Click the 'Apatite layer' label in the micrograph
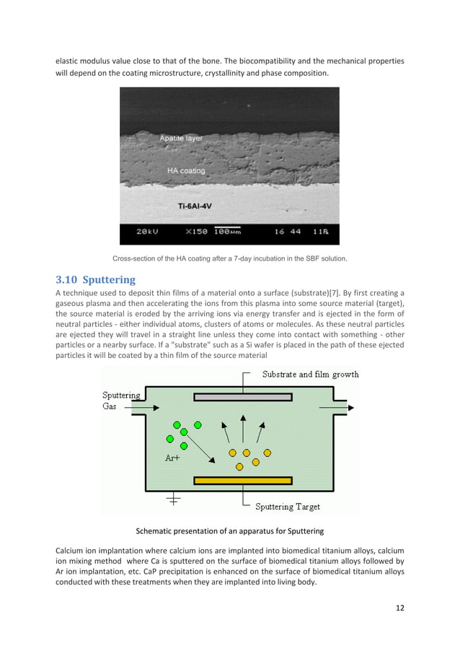click(181, 138)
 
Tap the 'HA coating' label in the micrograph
click(186, 171)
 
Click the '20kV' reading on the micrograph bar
click(149, 232)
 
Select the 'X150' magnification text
click(198, 232)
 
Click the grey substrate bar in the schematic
click(243, 397)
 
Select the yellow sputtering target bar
click(243, 480)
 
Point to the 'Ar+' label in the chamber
click(174, 458)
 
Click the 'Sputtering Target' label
click(293, 507)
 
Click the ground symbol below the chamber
click(174, 499)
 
